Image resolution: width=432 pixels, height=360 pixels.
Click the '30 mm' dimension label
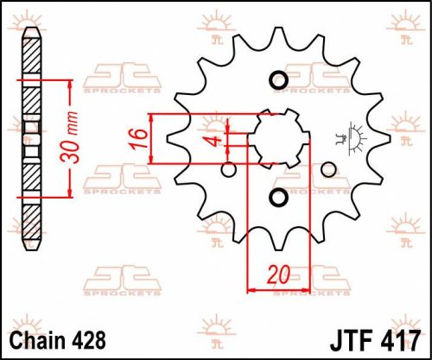pos(76,139)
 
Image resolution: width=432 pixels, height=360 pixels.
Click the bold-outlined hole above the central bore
pos(278,81)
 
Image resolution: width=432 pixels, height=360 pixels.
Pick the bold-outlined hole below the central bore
pos(278,199)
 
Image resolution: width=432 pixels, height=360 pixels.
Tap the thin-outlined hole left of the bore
pos(228,169)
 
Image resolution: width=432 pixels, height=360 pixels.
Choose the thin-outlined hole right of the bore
pos(328,170)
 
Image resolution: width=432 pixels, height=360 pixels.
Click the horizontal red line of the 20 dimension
pos(277,288)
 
